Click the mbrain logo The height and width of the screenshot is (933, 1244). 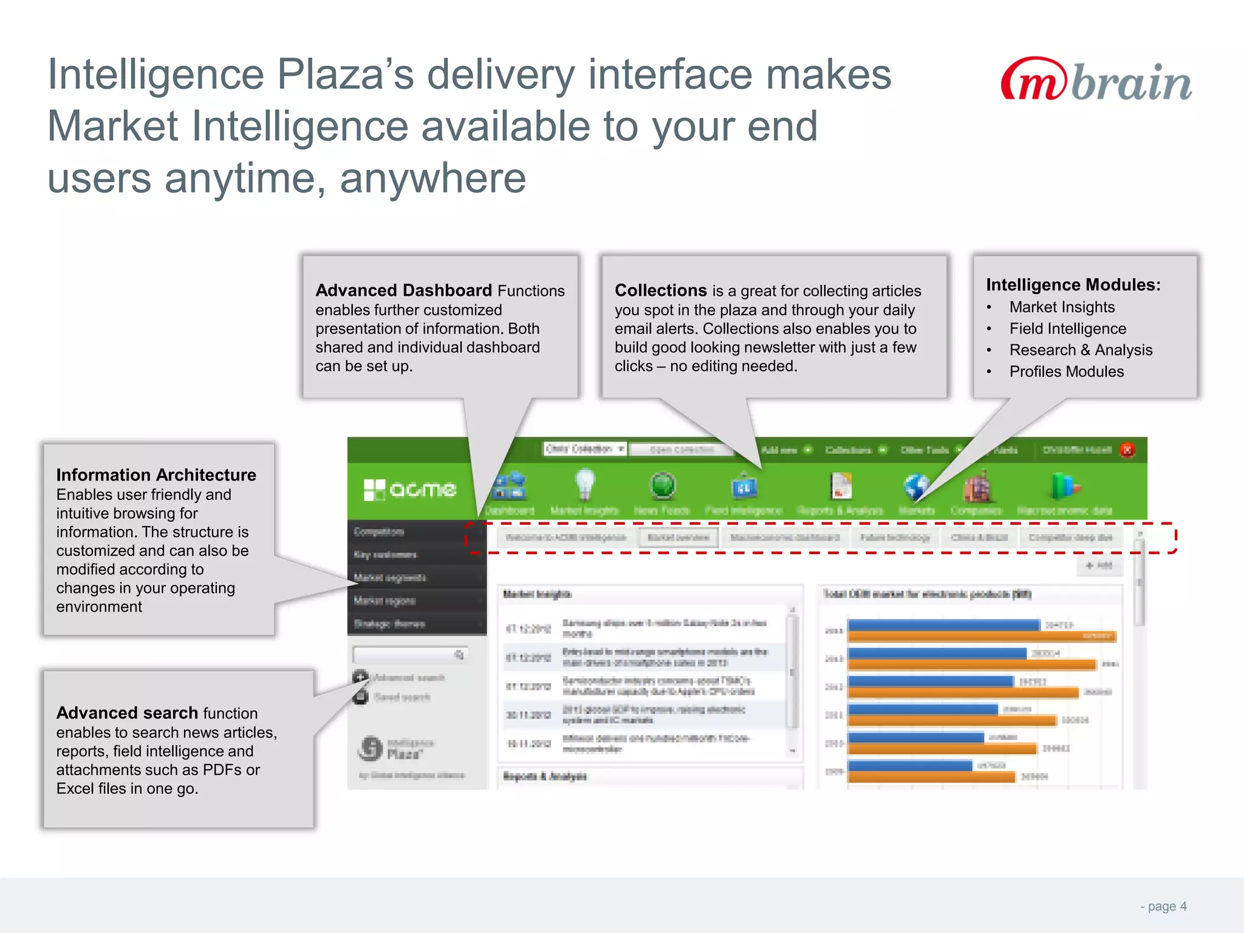[x=1096, y=80]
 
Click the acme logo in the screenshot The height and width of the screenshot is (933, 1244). [x=410, y=490]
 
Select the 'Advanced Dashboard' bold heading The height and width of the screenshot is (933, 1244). [x=403, y=290]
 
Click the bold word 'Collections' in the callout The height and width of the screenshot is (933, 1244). [x=660, y=290]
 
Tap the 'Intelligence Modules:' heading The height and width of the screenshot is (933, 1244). [x=1073, y=285]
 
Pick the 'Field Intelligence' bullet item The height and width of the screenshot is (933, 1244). [x=1067, y=329]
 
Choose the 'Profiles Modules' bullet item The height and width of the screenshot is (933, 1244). [x=1066, y=372]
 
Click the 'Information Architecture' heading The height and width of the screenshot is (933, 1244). [x=156, y=475]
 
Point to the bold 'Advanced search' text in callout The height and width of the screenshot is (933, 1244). [x=127, y=713]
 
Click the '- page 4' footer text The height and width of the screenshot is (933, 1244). [x=1163, y=906]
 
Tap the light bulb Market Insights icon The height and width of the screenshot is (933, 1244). [x=584, y=484]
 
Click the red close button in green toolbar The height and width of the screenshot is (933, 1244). [x=1127, y=450]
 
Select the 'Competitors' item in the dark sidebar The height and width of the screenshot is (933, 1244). [x=379, y=532]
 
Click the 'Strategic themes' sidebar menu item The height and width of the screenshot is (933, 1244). [x=389, y=624]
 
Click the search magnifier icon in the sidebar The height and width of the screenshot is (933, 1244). [x=459, y=655]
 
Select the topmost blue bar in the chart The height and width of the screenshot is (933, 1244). [x=943, y=625]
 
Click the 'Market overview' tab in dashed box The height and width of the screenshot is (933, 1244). [x=678, y=538]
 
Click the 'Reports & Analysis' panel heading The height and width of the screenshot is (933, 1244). [x=545, y=776]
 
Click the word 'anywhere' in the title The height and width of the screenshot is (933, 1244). [x=432, y=179]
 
